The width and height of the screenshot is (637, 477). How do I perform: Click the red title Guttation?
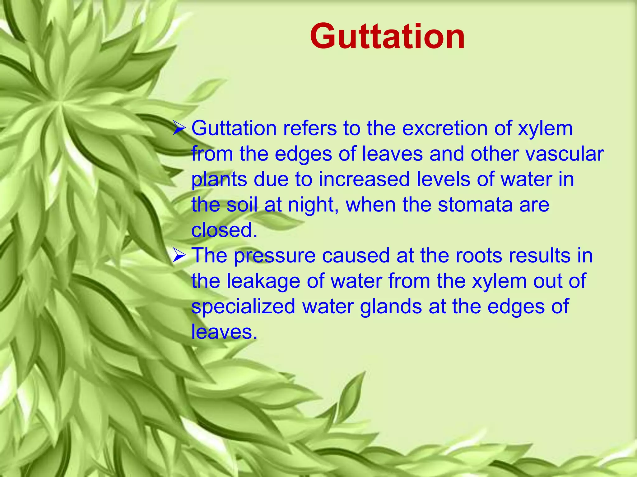(x=387, y=37)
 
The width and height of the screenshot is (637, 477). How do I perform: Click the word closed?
(x=224, y=230)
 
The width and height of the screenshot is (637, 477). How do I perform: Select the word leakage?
(x=263, y=281)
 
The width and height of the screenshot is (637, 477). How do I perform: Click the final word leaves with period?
(x=224, y=332)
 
